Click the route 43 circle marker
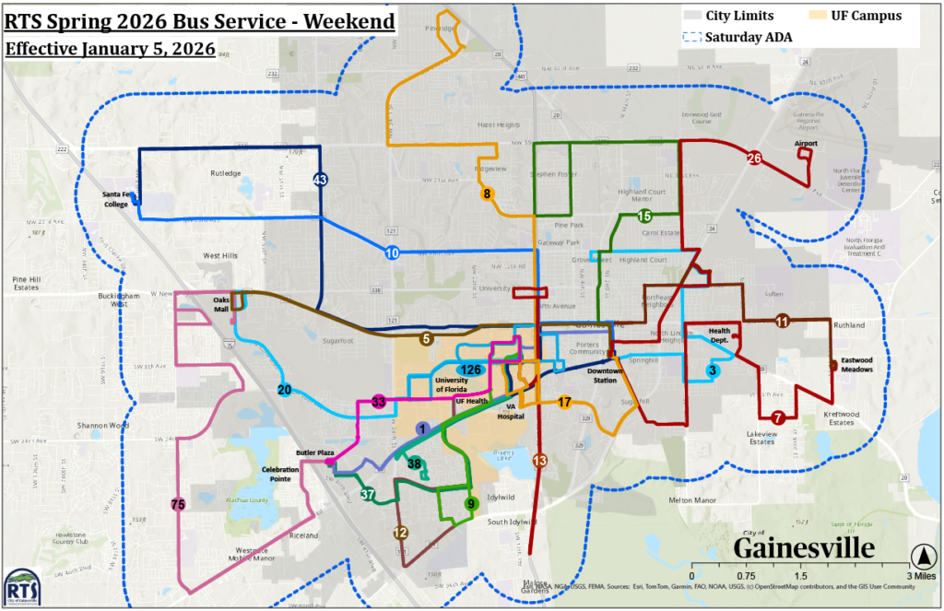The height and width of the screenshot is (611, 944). click(320, 180)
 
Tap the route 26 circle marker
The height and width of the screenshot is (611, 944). click(754, 159)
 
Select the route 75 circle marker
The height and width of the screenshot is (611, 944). click(178, 504)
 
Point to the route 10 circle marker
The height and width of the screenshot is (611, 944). click(392, 253)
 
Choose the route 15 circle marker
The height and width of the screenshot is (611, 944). click(644, 216)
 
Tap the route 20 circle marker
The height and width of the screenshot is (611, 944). click(284, 390)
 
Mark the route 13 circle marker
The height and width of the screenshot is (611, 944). click(540, 460)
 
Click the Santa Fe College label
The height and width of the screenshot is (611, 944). click(115, 199)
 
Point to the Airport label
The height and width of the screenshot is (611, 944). click(806, 144)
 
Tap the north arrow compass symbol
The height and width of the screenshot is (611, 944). click(921, 556)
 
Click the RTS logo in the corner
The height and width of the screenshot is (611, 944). click(20, 587)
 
